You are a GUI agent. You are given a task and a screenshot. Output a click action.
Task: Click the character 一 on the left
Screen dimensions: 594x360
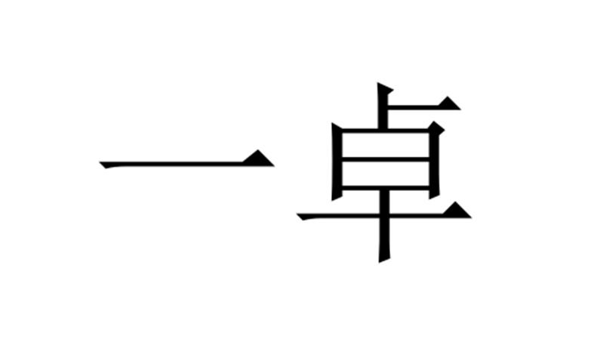pyautogui.click(x=186, y=160)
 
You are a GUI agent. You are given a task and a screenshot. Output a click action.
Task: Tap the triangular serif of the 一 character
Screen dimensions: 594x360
pyautogui.click(x=260, y=158)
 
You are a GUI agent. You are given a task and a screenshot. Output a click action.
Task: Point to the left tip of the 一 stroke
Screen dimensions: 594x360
pyautogui.click(x=100, y=162)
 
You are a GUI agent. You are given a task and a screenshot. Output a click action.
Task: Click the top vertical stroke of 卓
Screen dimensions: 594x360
pyautogui.click(x=383, y=106)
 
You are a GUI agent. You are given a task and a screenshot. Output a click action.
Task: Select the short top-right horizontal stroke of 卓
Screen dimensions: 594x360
pyautogui.click(x=424, y=106)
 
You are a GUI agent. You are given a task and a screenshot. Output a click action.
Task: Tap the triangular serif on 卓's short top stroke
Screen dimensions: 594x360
pyautogui.click(x=450, y=103)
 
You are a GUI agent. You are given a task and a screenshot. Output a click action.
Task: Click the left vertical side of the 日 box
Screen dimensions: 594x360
pyautogui.click(x=337, y=162)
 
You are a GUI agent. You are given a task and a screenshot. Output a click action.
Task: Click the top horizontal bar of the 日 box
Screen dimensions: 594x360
pyautogui.click(x=386, y=131)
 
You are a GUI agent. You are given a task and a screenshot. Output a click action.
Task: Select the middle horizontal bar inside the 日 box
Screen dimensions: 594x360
pyautogui.click(x=386, y=159)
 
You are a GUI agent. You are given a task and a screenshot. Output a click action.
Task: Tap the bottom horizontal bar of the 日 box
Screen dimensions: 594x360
pyautogui.click(x=386, y=188)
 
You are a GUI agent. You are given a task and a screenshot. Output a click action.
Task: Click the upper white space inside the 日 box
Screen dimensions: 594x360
pyautogui.click(x=386, y=145)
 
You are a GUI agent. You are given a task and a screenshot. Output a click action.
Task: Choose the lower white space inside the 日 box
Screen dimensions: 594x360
pyautogui.click(x=386, y=174)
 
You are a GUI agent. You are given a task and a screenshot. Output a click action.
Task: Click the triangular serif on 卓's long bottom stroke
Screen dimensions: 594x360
pyautogui.click(x=457, y=211)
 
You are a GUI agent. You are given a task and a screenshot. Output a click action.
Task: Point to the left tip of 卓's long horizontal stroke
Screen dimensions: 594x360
pyautogui.click(x=298, y=214)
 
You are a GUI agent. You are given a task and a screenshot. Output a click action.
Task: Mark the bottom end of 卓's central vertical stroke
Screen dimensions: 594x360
pyautogui.click(x=383, y=260)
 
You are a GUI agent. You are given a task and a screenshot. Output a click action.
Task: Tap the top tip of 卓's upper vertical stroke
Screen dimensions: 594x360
pyautogui.click(x=377, y=82)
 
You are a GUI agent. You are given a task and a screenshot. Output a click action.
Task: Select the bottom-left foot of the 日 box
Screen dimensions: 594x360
pyautogui.click(x=337, y=197)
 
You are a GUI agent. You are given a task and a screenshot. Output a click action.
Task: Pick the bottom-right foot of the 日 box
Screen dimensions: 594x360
pyautogui.click(x=434, y=196)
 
